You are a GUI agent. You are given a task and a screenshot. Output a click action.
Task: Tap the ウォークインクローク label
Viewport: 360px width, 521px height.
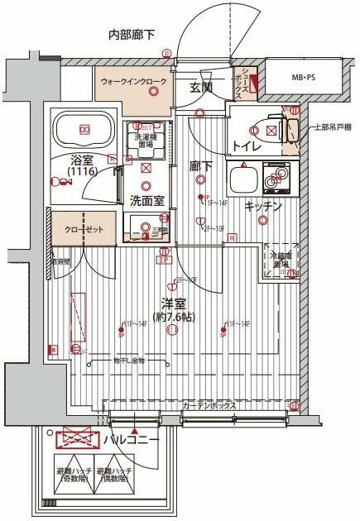132,83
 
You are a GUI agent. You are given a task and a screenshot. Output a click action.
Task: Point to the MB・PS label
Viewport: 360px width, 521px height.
302,78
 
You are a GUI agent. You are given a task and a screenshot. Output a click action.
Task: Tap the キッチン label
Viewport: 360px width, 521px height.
264,205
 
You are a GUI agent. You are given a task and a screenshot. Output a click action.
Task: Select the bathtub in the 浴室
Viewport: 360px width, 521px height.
84,129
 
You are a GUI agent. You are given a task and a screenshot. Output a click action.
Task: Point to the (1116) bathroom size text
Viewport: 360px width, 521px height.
82,171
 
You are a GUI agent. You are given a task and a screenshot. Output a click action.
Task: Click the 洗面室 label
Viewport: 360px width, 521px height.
145,200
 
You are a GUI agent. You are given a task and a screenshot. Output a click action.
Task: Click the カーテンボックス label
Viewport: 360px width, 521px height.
210,406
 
